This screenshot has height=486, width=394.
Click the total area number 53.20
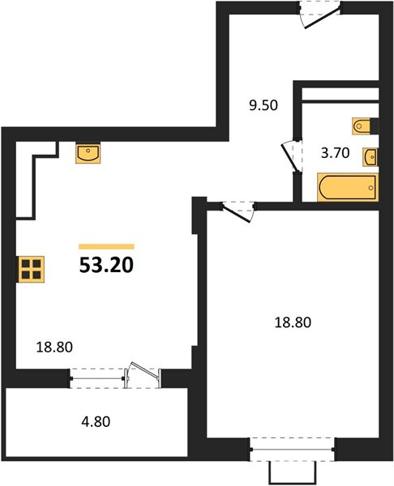pyautogui.click(x=106, y=266)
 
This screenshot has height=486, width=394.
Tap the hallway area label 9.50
pyautogui.click(x=263, y=105)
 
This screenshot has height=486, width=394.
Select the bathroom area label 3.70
pyautogui.click(x=335, y=153)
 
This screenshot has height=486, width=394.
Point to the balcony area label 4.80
pyautogui.click(x=96, y=422)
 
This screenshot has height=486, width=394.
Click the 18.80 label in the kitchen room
pyautogui.click(x=54, y=347)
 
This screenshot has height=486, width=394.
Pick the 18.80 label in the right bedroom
pyautogui.click(x=293, y=322)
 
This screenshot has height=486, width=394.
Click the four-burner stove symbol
pyautogui.click(x=32, y=270)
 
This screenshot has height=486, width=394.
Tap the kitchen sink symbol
pyautogui.click(x=88, y=153)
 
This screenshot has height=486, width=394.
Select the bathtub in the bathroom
pyautogui.click(x=348, y=187)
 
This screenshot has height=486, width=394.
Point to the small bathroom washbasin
pyautogui.click(x=370, y=157)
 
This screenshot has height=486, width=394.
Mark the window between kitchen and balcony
pyautogui.click(x=96, y=378)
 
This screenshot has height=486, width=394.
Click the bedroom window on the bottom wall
pyautogui.click(x=292, y=449)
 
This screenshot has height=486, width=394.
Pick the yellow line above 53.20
pyautogui.click(x=106, y=247)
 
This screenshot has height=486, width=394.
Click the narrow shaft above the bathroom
pyautogui.click(x=340, y=94)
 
